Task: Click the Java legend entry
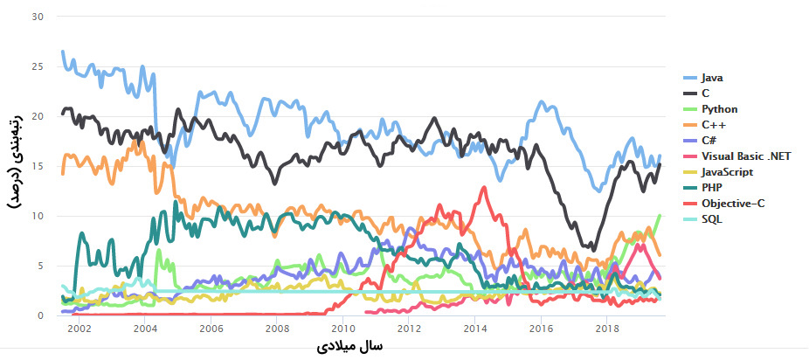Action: pyautogui.click(x=712, y=78)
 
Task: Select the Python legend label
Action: pyautogui.click(x=719, y=109)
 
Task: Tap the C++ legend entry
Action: pyautogui.click(x=714, y=125)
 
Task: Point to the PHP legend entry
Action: pyautogui.click(x=712, y=187)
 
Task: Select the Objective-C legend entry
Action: pyautogui.click(x=730, y=203)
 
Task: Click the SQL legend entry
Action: pyautogui.click(x=712, y=218)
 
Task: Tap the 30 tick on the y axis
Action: pyautogui.click(x=37, y=17)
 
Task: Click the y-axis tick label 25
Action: pyautogui.click(x=37, y=66)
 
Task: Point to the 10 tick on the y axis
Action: pyautogui.click(x=37, y=216)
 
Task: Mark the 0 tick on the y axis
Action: pyautogui.click(x=39, y=315)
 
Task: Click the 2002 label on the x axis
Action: pyautogui.click(x=79, y=329)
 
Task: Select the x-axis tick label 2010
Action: pyautogui.click(x=342, y=329)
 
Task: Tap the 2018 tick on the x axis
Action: pyautogui.click(x=606, y=329)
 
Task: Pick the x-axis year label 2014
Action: pyautogui.click(x=474, y=329)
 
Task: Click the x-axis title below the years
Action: pyautogui.click(x=348, y=347)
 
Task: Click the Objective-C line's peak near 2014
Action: pyautogui.click(x=483, y=188)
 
